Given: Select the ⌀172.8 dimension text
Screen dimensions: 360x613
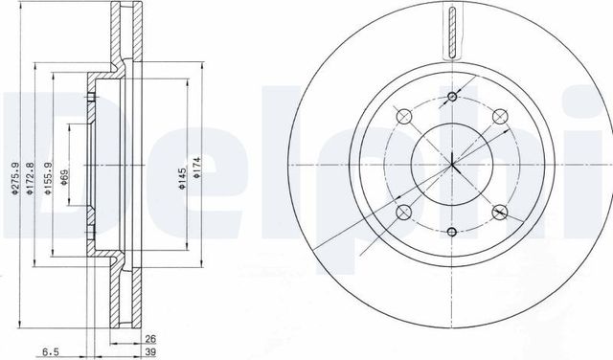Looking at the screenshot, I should click(x=31, y=178).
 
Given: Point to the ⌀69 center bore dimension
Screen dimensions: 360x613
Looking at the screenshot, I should click(x=65, y=178).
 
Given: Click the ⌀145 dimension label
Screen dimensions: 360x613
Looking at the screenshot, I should click(x=181, y=178).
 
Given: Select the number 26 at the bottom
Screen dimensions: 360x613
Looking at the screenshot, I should click(x=150, y=337).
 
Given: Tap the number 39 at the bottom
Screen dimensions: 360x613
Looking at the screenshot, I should click(x=150, y=351).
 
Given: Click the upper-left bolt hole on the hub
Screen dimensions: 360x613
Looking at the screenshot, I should click(x=403, y=116).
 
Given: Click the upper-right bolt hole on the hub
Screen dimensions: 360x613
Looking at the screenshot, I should click(x=498, y=116).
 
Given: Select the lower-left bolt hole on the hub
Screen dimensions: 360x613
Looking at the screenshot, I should click(x=403, y=212).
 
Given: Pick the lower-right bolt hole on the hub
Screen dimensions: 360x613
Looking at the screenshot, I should click(x=498, y=212).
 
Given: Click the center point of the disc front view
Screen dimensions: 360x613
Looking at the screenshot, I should click(x=450, y=164).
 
